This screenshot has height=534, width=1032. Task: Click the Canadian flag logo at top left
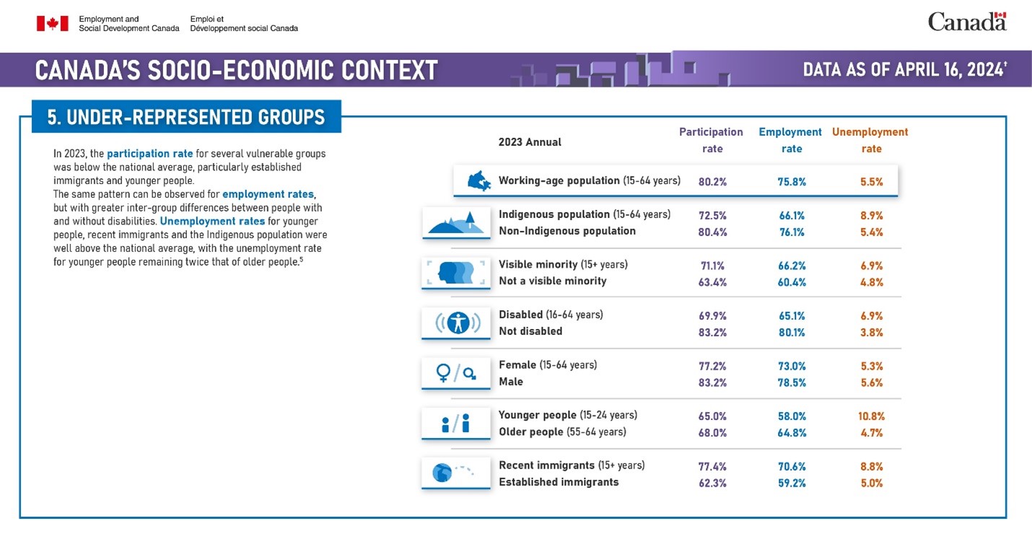pyautogui.click(x=52, y=23)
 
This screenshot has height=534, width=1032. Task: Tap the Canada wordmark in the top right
pyautogui.click(x=966, y=22)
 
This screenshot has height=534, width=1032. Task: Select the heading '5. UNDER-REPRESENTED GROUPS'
pyautogui.click(x=186, y=117)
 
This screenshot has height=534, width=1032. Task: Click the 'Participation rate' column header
pyautogui.click(x=711, y=140)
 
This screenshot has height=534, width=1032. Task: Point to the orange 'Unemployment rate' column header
pyautogui.click(x=870, y=140)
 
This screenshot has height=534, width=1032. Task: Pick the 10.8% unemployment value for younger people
pyautogui.click(x=872, y=416)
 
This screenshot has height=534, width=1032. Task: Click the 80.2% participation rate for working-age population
pyautogui.click(x=712, y=182)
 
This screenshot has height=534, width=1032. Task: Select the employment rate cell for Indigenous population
pyautogui.click(x=792, y=215)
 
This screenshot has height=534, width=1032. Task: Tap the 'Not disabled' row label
pyautogui.click(x=530, y=331)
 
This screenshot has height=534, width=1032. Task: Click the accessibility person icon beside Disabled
pyautogui.click(x=458, y=323)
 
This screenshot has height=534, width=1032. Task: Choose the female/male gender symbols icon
pyautogui.click(x=456, y=372)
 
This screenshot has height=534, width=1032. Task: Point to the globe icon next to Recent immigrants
pyautogui.click(x=442, y=473)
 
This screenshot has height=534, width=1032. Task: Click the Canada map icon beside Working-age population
pyautogui.click(x=478, y=181)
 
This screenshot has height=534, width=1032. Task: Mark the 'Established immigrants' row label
pyautogui.click(x=559, y=482)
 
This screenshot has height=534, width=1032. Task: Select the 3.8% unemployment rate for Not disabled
pyautogui.click(x=872, y=333)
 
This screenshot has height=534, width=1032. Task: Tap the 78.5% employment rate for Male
pyautogui.click(x=792, y=382)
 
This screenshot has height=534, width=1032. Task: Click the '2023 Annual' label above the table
pyautogui.click(x=530, y=142)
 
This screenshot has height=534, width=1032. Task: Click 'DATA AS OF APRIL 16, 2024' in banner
pyautogui.click(x=904, y=70)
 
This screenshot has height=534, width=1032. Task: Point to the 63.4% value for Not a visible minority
pyautogui.click(x=712, y=282)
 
